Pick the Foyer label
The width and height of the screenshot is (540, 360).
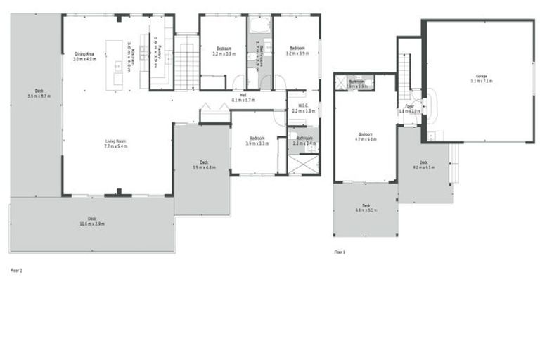coord(409,106)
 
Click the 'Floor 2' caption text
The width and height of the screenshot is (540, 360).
coord(17,269)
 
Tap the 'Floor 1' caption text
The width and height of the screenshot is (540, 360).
coord(340,250)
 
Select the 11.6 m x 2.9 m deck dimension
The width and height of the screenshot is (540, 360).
coord(91,224)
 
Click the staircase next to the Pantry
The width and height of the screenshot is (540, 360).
coord(186,67)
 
